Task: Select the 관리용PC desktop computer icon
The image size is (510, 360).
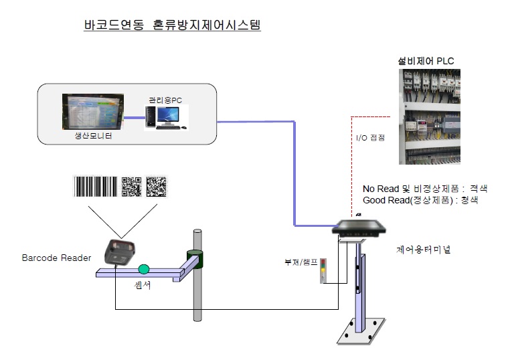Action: pyautogui.click(x=165, y=118)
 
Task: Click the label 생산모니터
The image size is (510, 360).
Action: pyautogui.click(x=92, y=137)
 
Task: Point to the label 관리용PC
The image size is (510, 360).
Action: pyautogui.click(x=165, y=100)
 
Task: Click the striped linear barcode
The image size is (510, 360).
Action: pyautogui.click(x=96, y=187)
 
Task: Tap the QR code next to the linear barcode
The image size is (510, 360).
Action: pyautogui.click(x=132, y=187)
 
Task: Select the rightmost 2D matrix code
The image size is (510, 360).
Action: pyautogui.click(x=157, y=187)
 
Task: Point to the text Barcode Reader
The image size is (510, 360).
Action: pyautogui.click(x=56, y=258)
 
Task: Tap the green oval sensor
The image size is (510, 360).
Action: pyautogui.click(x=143, y=269)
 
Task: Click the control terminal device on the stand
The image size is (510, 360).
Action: pyautogui.click(x=361, y=228)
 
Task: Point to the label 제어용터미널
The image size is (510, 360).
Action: pyautogui.click(x=424, y=250)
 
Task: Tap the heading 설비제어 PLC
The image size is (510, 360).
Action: pyautogui.click(x=426, y=62)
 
